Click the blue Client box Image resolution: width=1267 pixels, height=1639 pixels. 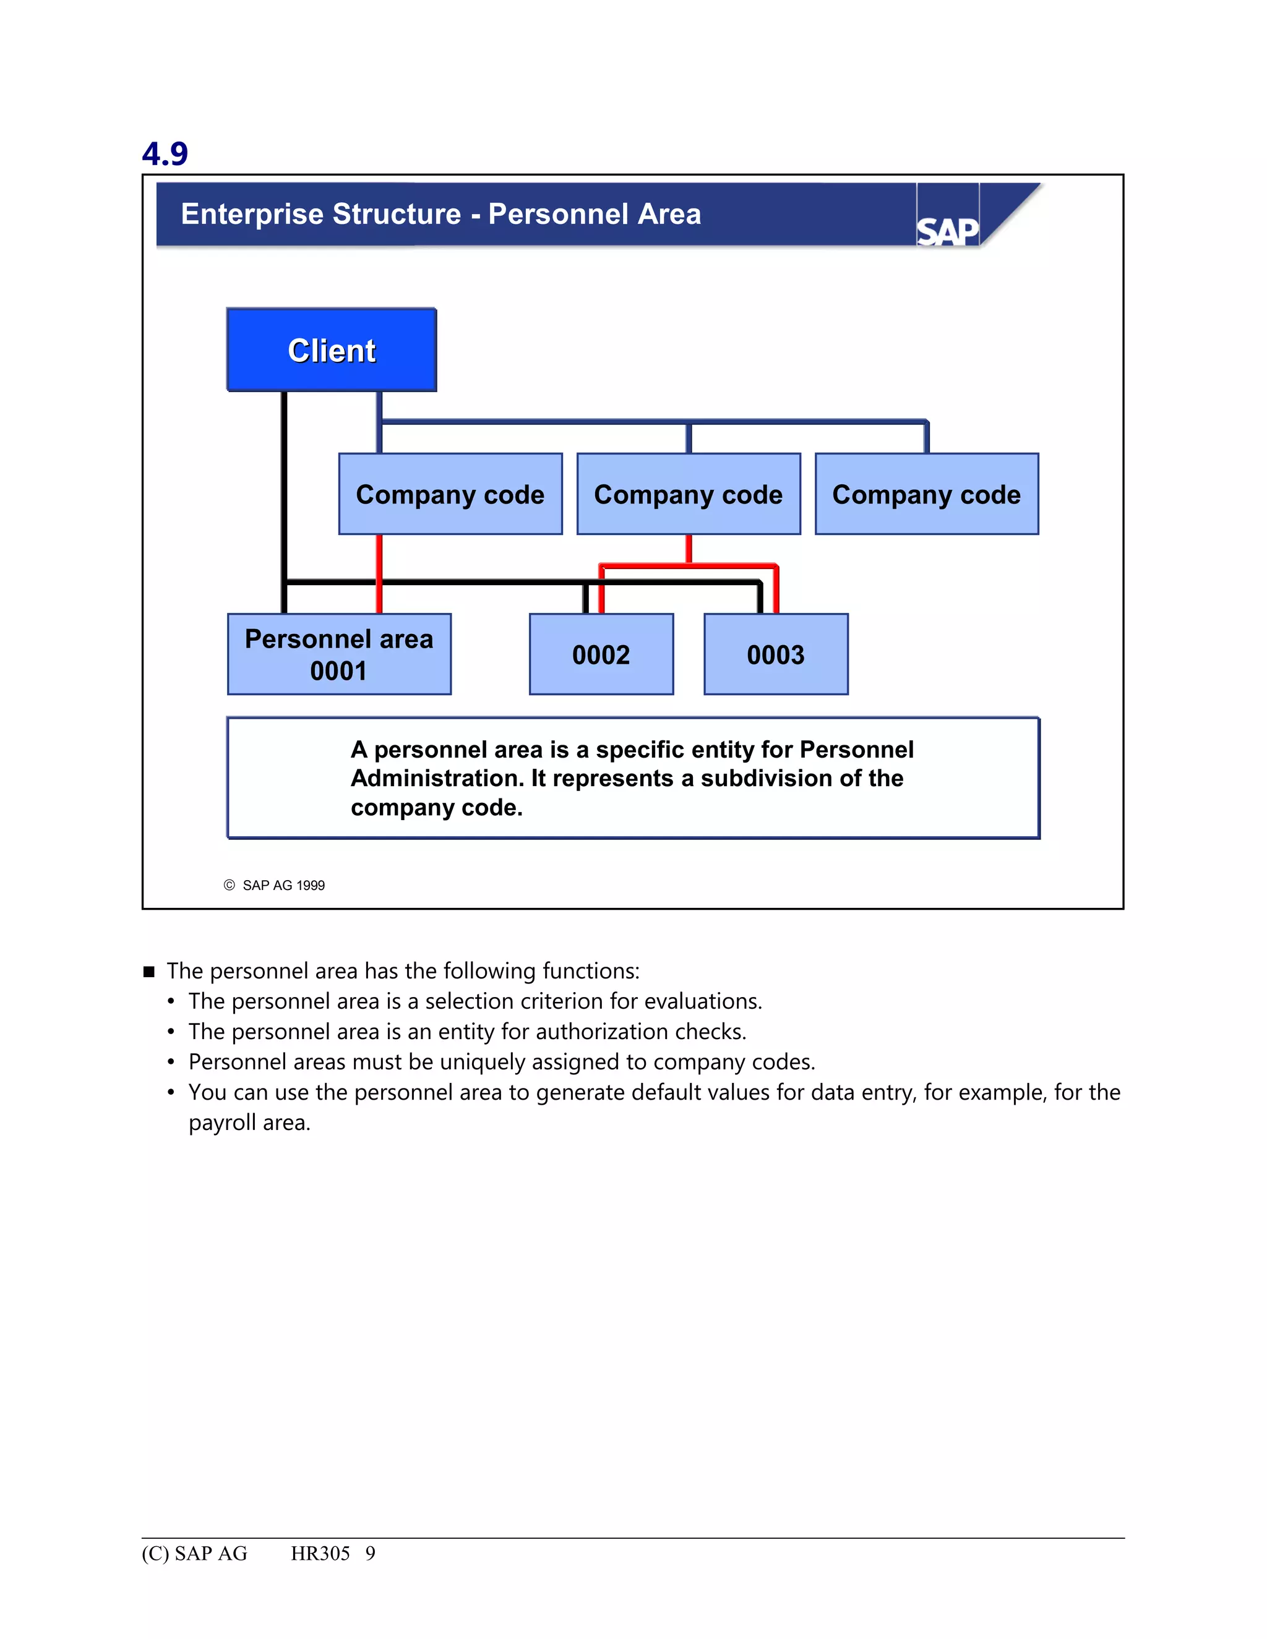tap(331, 349)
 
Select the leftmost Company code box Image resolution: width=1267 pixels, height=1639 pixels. tap(450, 494)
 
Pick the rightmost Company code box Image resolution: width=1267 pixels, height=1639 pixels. tap(926, 494)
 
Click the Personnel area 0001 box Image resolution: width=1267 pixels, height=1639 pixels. tap(338, 654)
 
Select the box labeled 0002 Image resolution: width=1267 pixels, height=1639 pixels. tap(601, 654)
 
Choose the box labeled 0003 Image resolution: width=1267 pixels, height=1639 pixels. tap(775, 654)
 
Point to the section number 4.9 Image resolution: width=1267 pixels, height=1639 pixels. tap(165, 154)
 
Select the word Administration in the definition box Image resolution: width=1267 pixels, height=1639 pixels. tap(437, 778)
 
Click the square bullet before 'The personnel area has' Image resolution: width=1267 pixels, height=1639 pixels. tap(148, 972)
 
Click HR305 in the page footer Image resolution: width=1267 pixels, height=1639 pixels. tap(320, 1554)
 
